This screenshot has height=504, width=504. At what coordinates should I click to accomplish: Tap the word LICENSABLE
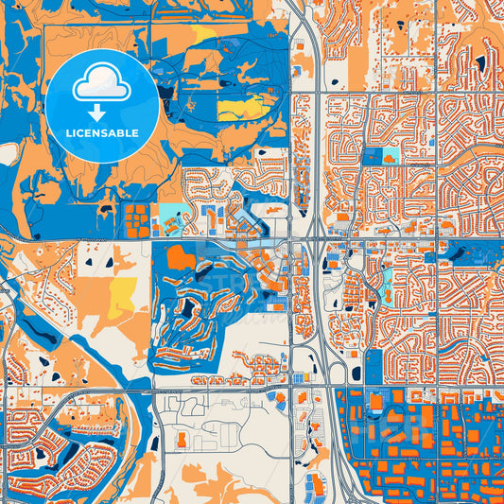(x=102, y=133)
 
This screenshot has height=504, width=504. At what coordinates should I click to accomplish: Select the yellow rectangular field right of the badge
(x=240, y=109)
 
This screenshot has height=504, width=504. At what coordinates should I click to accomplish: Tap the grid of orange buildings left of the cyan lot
(x=138, y=219)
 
